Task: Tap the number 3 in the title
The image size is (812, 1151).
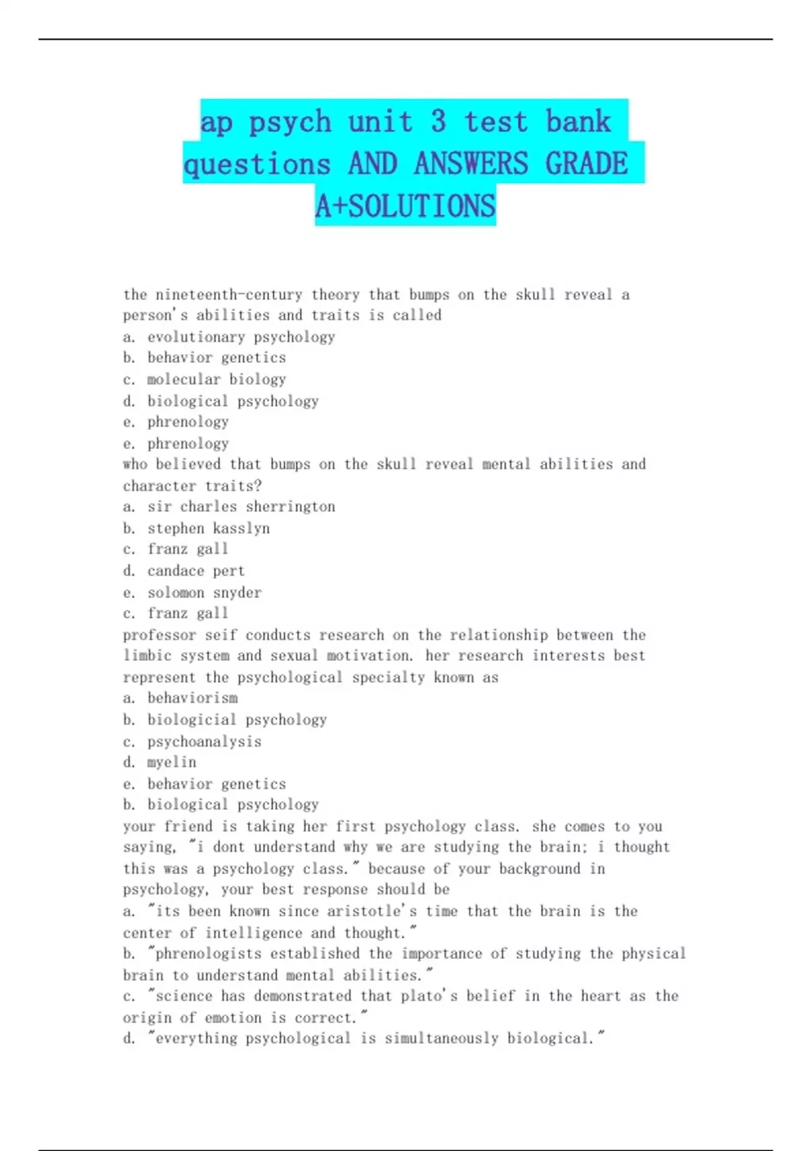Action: (x=438, y=122)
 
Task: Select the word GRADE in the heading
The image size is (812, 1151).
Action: (x=587, y=164)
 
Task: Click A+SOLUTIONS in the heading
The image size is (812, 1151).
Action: (x=405, y=206)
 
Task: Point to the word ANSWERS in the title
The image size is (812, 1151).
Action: (x=471, y=164)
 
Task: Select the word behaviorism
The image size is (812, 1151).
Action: (x=192, y=698)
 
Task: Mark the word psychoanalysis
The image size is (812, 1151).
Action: (x=204, y=741)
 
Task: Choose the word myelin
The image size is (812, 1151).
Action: (x=172, y=762)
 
